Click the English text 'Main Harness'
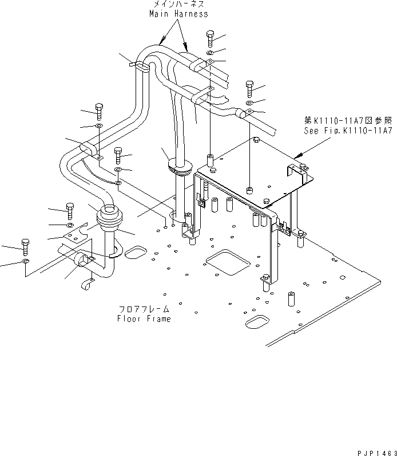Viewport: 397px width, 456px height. click(x=178, y=14)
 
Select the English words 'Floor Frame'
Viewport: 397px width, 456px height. click(x=144, y=319)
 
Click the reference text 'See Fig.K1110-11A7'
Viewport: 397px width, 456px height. click(x=348, y=131)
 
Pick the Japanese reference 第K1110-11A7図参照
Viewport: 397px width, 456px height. click(x=348, y=121)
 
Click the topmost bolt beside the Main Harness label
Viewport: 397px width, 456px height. click(x=209, y=37)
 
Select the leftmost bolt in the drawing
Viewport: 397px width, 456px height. click(x=25, y=246)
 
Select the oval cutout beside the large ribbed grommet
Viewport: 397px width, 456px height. click(x=135, y=253)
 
